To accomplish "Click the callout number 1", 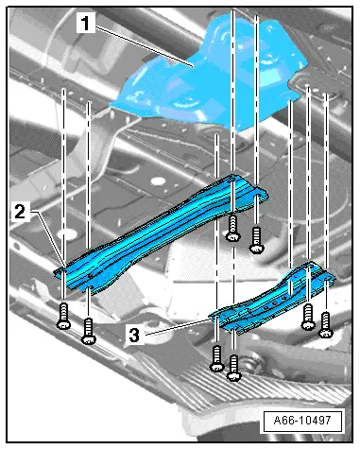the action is coord(85,24).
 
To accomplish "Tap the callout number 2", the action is coord(20,212).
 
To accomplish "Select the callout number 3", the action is coord(134,335).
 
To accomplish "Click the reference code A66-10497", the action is coord(302,421).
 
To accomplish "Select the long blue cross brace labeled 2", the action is coord(161,233).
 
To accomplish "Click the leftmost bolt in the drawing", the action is coord(63,316).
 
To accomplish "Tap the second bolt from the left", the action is coord(89,332).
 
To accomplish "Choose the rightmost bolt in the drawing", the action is coord(326,324).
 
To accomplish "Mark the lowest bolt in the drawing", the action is coord(234,368).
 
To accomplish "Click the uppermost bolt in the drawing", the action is coord(233,228).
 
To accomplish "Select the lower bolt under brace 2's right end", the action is coord(257,240).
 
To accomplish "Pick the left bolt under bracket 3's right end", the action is coord(308,317).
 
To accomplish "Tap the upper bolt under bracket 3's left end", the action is coord(216,358).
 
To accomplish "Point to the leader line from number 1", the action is coord(144,46).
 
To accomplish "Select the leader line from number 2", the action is coord(48,238).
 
